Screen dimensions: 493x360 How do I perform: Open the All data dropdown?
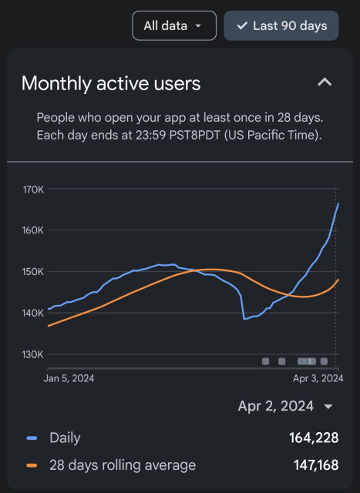click(x=173, y=25)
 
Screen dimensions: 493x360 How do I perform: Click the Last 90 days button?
click(x=281, y=25)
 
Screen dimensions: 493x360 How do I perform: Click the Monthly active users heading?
click(x=111, y=83)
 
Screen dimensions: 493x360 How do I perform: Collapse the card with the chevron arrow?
click(x=325, y=82)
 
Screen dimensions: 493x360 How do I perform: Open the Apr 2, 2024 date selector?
click(x=285, y=406)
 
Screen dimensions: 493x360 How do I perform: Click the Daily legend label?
click(x=65, y=438)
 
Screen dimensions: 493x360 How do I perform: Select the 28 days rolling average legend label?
click(x=123, y=464)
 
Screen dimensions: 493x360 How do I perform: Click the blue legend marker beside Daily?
click(x=32, y=438)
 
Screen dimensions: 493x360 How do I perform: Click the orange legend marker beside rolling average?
click(x=32, y=464)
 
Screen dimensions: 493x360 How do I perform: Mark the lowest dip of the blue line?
click(x=245, y=318)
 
